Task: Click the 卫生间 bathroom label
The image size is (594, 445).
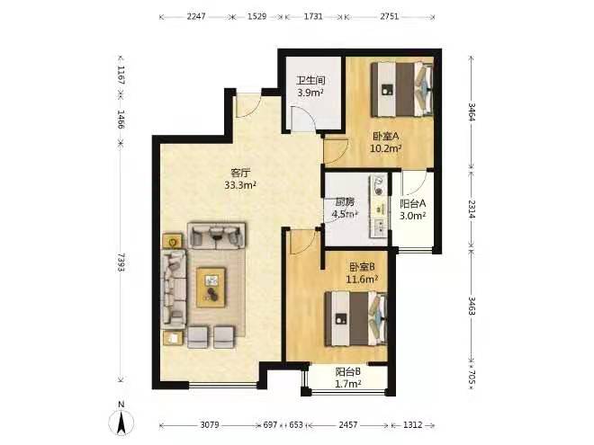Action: coord(311,81)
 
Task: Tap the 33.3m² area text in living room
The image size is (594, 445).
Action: coord(241,185)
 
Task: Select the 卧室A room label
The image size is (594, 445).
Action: coord(386,136)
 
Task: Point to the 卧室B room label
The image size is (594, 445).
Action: coord(362,267)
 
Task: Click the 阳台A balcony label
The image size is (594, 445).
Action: coord(413,203)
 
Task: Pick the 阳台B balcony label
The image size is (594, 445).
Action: coord(347,372)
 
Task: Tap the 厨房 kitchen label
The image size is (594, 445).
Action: coord(345,202)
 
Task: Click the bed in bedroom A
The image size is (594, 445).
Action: coord(402,89)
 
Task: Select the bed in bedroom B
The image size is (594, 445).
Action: coord(356,318)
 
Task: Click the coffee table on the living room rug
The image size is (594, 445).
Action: coord(211,287)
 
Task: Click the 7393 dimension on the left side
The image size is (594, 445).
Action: coord(121,262)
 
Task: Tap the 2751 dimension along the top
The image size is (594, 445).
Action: coord(390,16)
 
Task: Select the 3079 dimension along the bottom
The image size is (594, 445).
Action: coord(210,425)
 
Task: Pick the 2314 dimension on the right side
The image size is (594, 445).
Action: coord(472,209)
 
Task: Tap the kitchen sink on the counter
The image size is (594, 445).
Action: coord(379,227)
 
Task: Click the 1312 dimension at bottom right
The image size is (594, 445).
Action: coord(412,425)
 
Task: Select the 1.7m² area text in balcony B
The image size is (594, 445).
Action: coord(348,384)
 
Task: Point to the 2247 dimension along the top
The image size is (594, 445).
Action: coord(196,16)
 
